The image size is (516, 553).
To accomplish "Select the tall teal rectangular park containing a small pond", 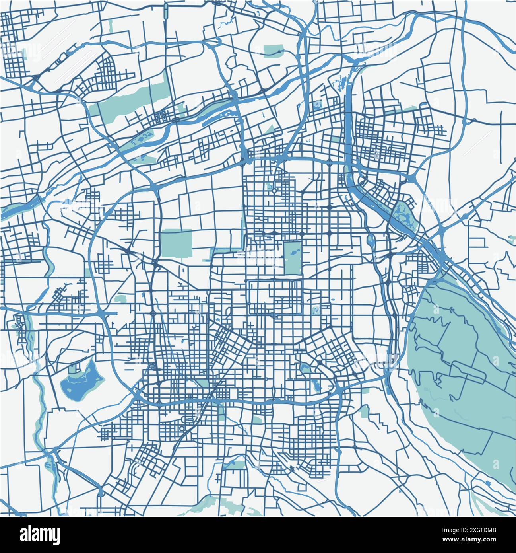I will pyautogui.click(x=293, y=257).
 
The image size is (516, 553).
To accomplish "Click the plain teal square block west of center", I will pyautogui.click(x=177, y=243).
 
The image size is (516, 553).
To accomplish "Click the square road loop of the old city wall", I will pyautogui.click(x=275, y=297).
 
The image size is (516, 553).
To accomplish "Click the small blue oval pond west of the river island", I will pyautogui.click(x=371, y=240).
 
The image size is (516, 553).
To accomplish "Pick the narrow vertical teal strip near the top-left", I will pyautogui.click(x=110, y=26).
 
